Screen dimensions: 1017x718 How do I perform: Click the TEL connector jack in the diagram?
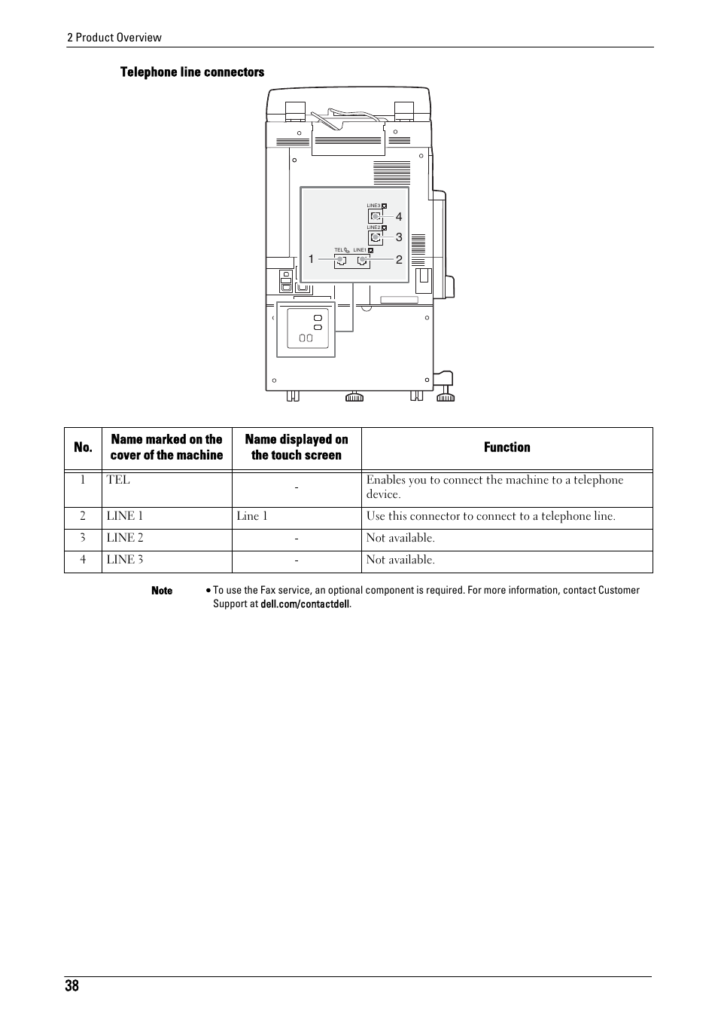pyautogui.click(x=341, y=261)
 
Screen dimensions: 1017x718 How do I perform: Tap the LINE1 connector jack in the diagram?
pyautogui.click(x=364, y=261)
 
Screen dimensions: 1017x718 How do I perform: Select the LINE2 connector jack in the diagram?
pyautogui.click(x=375, y=237)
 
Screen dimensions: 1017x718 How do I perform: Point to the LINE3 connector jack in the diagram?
pyautogui.click(x=375, y=216)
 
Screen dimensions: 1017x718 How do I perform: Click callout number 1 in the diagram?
pyautogui.click(x=311, y=259)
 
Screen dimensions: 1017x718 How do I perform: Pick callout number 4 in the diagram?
pyautogui.click(x=399, y=217)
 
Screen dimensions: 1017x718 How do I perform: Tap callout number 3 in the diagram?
pyautogui.click(x=399, y=237)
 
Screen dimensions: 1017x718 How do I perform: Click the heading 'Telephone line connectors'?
pyautogui.click(x=193, y=72)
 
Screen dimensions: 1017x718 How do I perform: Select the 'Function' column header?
pyautogui.click(x=507, y=447)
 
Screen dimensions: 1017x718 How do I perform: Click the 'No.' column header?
pyautogui.click(x=83, y=447)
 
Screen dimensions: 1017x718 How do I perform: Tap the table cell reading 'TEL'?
pyautogui.click(x=118, y=480)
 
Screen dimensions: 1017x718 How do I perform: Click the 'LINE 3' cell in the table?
pyautogui.click(x=125, y=560)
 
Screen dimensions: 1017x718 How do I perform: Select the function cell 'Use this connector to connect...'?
pyautogui.click(x=491, y=516)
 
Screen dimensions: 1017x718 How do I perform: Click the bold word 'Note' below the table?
pyautogui.click(x=162, y=591)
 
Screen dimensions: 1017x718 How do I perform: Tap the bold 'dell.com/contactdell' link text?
pyautogui.click(x=305, y=604)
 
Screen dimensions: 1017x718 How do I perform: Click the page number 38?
pyautogui.click(x=71, y=987)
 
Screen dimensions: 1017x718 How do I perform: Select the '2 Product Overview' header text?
pyautogui.click(x=114, y=38)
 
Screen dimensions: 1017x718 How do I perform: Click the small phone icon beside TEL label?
pyautogui.click(x=347, y=250)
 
